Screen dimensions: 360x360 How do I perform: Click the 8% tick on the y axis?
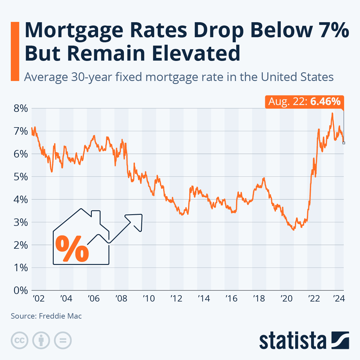click(21, 109)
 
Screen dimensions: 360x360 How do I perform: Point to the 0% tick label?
click(21, 290)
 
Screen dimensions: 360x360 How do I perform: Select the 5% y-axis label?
click(21, 177)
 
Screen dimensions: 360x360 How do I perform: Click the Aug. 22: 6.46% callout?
click(304, 102)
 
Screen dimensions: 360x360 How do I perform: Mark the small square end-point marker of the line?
click(344, 143)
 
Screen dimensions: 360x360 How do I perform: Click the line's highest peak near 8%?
click(332, 113)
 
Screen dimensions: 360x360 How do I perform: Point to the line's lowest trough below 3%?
click(293, 230)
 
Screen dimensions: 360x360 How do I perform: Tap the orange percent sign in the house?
click(72, 249)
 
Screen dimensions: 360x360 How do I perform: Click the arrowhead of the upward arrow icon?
click(136, 219)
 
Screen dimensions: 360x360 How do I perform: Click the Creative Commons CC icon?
click(20, 340)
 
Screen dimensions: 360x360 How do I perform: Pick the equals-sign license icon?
click(63, 340)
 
